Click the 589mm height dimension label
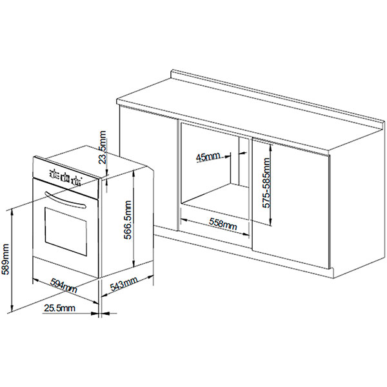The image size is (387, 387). point(5,259)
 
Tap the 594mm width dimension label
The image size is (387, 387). point(64,286)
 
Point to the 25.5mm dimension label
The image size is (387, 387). point(59,308)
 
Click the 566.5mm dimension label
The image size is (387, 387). point(128,220)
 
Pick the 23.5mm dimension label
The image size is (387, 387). point(102,147)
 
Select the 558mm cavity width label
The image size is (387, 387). point(223,224)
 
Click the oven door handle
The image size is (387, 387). point(64,198)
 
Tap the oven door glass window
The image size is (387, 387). point(66,232)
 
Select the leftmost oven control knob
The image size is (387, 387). point(53,174)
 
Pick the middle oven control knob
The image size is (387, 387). point(64,177)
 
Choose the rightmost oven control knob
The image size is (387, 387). point(77,181)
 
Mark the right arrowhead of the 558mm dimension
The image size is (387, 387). point(245,235)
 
